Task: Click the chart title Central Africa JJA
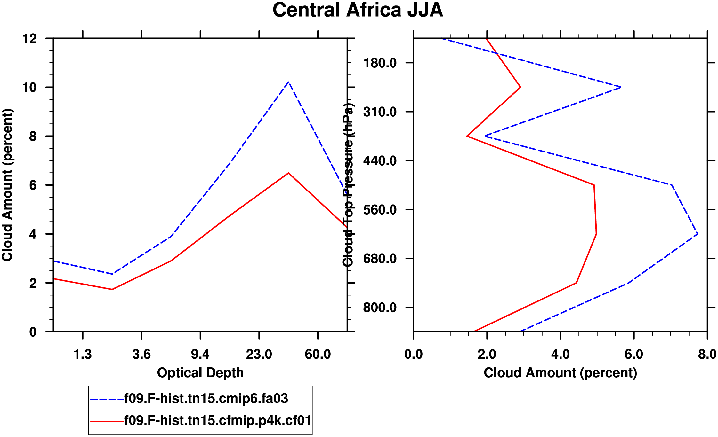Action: [x=358, y=10]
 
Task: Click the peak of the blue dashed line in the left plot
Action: [x=288, y=82]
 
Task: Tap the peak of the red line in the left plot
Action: [x=288, y=173]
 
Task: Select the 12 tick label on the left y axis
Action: [x=29, y=39]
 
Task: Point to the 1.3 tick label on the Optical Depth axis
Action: [x=83, y=354]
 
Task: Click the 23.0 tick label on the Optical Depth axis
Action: [x=259, y=354]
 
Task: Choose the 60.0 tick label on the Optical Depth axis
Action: [x=318, y=354]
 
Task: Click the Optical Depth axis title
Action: [x=200, y=373]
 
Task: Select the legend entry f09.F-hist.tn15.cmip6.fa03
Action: [x=206, y=399]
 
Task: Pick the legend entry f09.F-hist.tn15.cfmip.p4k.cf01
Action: [x=218, y=420]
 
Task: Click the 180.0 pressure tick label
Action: [x=380, y=63]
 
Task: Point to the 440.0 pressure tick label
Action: [x=380, y=160]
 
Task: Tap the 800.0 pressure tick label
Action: [x=380, y=308]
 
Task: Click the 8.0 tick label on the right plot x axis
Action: [x=707, y=354]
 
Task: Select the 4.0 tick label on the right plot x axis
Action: [x=561, y=354]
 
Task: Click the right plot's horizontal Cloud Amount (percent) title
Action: [x=560, y=373]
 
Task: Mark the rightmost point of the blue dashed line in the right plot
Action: [x=697, y=234]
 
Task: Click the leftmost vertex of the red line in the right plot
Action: [x=467, y=136]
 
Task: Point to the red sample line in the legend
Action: [x=107, y=421]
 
